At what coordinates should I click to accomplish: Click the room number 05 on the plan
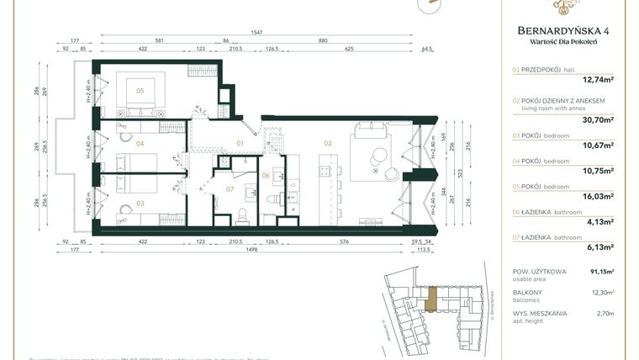(x=140, y=90)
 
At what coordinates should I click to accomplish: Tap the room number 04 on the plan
(x=140, y=143)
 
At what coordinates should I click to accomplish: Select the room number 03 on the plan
(x=140, y=203)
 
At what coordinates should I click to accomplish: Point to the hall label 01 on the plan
(x=240, y=143)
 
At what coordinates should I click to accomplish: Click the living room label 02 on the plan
(x=328, y=143)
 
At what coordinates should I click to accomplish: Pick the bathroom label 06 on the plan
(x=266, y=175)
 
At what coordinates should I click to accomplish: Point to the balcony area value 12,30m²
(x=602, y=293)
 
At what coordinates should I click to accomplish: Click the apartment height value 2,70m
(x=605, y=314)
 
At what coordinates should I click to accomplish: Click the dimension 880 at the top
(x=323, y=40)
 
